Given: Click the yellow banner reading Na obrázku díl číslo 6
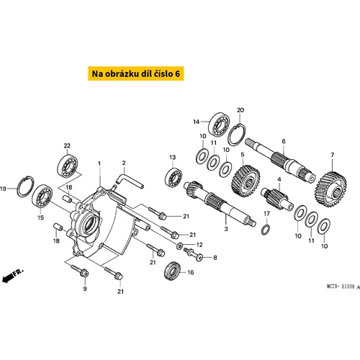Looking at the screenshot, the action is [x=136, y=73].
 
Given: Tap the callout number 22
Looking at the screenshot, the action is [x=67, y=145].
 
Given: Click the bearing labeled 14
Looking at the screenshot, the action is [x=219, y=125].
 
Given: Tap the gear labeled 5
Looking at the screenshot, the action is [x=246, y=181].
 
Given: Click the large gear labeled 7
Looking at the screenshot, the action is [x=330, y=189].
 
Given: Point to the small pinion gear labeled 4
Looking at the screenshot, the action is [x=276, y=198].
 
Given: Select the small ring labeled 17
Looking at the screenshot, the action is [x=266, y=230].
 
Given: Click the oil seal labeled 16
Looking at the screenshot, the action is [x=172, y=270].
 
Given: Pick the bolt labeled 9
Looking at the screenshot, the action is [x=80, y=270].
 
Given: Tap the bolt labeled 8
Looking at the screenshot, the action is [x=194, y=254].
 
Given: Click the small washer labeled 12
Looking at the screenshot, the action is [x=179, y=246].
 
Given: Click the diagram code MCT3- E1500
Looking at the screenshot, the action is [x=341, y=287].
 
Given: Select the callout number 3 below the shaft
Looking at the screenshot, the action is [x=226, y=229].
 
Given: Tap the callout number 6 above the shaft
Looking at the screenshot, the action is [x=284, y=141].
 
